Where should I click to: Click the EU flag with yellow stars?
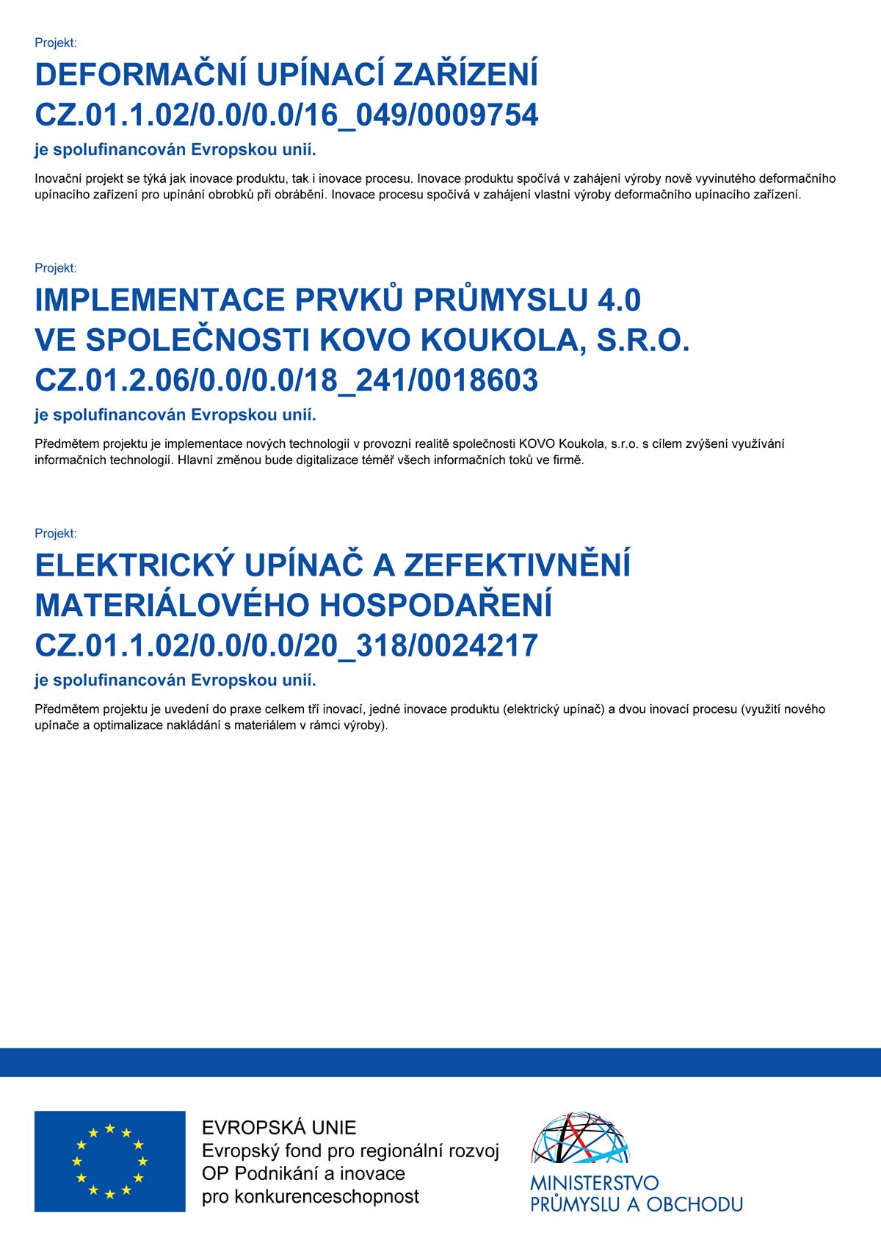pos(110,1161)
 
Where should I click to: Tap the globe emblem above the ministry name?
pos(581,1137)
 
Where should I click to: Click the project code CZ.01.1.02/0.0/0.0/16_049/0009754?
pos(286,115)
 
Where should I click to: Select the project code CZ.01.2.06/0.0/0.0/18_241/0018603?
pos(286,380)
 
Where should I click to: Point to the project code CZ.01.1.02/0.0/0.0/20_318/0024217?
pos(286,645)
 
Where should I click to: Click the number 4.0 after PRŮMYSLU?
pos(620,300)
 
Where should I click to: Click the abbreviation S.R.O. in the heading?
pos(643,340)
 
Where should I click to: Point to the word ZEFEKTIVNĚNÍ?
pos(518,565)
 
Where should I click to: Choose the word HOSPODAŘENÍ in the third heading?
pos(426,605)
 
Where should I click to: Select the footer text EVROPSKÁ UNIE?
pos(279,1128)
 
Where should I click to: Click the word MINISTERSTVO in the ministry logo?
pos(595,1183)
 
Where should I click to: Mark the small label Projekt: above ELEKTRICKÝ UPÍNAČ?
pos(56,533)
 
